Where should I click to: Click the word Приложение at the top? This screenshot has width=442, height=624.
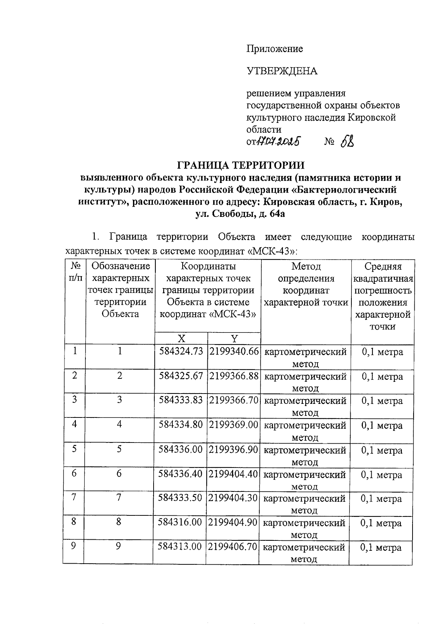[x=274, y=49]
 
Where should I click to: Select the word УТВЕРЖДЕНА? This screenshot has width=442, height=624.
[x=282, y=71]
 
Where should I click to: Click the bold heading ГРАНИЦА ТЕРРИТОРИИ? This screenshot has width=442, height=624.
[x=241, y=164]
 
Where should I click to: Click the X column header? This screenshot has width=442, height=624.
[x=181, y=338]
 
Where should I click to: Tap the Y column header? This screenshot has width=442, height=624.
[x=234, y=338]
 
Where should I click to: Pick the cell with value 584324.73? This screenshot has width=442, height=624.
[x=181, y=352]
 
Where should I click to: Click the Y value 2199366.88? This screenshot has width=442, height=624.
[x=234, y=377]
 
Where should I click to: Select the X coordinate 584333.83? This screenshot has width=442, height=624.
[x=181, y=401]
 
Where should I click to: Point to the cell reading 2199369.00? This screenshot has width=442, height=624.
[x=234, y=425]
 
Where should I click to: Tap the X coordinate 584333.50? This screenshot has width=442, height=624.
[x=180, y=498]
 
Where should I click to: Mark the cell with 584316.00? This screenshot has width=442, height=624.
[x=180, y=523]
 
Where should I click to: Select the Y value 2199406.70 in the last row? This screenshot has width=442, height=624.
[x=232, y=547]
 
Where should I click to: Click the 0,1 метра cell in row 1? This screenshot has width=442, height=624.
[x=382, y=352]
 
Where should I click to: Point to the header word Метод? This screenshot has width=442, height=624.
[x=306, y=267]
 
